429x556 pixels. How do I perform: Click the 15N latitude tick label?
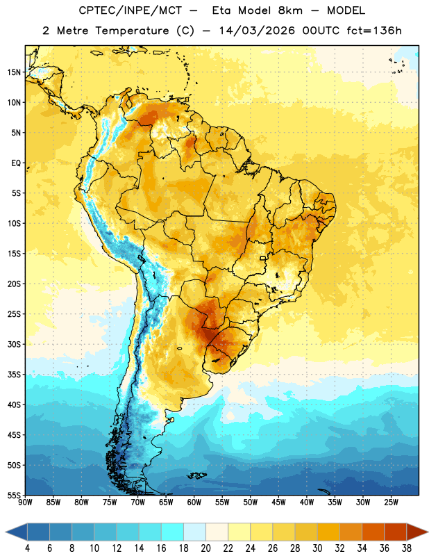pos(14,72)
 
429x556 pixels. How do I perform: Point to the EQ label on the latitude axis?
pos(16,163)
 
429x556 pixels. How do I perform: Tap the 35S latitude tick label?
pos(14,375)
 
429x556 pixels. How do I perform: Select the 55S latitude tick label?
pos(14,495)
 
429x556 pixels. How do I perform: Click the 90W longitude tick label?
pos(25,502)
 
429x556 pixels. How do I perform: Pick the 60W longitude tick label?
pos(194,502)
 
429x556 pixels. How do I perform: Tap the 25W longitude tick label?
pos(391,502)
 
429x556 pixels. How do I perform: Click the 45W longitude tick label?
pos(278,502)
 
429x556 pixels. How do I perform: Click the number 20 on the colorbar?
pos(205,548)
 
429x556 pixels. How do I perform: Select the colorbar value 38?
pos(406,548)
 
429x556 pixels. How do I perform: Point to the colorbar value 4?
pos(27,548)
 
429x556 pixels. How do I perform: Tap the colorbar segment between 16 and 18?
pos(173,532)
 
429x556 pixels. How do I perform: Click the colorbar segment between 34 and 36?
pos(373,532)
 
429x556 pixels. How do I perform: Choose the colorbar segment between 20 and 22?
pos(217,532)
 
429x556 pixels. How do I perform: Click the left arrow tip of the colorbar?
pos(6,532)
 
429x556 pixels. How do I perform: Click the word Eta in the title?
pos(221,10)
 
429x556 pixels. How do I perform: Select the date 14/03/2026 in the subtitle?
pos(257,31)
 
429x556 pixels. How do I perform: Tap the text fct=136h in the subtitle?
pos(374,31)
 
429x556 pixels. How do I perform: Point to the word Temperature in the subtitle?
pos(132,31)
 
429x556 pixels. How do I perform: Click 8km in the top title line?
pos(290,10)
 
